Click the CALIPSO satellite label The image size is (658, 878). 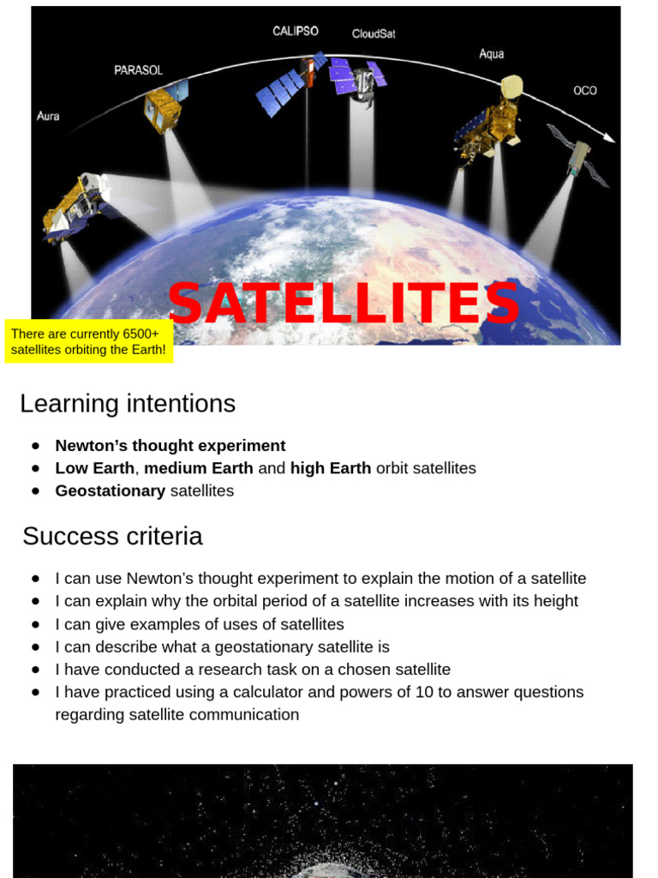tap(296, 31)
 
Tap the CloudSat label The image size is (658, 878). tap(374, 34)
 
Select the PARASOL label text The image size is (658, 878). tap(138, 70)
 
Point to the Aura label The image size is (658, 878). tap(48, 116)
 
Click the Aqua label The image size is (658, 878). tap(491, 54)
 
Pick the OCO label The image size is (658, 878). tap(584, 90)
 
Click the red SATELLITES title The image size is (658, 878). tap(344, 304)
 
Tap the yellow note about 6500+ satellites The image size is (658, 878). tap(88, 341)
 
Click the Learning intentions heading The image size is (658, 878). tap(127, 403)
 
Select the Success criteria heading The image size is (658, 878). tap(112, 536)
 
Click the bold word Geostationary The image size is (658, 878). tap(110, 490)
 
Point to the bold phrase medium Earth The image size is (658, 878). tap(199, 468)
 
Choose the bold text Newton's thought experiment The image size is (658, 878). tap(170, 445)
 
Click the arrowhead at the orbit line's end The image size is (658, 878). tap(609, 137)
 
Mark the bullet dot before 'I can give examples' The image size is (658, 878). tap(35, 624)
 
